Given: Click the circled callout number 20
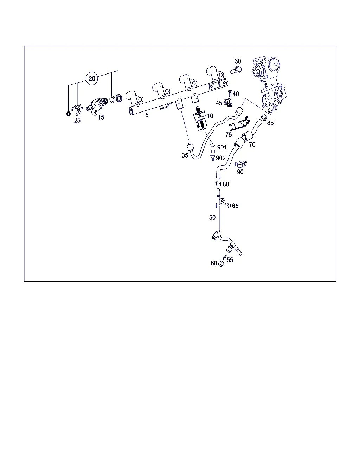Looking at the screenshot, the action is pyautogui.click(x=92, y=79).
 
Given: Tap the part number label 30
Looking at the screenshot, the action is pyautogui.click(x=238, y=61).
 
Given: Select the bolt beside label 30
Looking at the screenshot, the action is pyautogui.click(x=236, y=70).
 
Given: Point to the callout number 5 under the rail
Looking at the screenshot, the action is pyautogui.click(x=147, y=115).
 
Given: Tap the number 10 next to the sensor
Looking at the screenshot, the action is pyautogui.click(x=210, y=116).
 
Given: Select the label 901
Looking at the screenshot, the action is pyautogui.click(x=222, y=147).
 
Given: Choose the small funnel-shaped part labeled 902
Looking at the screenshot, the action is pyautogui.click(x=213, y=157).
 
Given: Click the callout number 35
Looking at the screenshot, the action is pyautogui.click(x=185, y=155).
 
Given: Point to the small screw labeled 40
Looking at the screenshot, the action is pyautogui.click(x=230, y=93).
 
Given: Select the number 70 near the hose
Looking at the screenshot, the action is pyautogui.click(x=252, y=145).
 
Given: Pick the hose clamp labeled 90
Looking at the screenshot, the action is pyautogui.click(x=241, y=164).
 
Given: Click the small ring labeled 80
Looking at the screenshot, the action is pyautogui.click(x=218, y=184).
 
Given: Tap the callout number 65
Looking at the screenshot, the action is pyautogui.click(x=235, y=206).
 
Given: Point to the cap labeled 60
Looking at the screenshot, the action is pyautogui.click(x=221, y=264).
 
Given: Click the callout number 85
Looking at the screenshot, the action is pyautogui.click(x=270, y=123).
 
